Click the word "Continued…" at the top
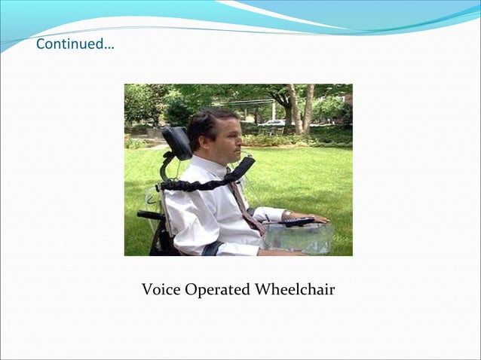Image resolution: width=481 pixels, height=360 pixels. tap(75, 44)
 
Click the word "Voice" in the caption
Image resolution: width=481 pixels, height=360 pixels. tap(161, 290)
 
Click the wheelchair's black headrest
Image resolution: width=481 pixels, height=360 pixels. tap(177, 142)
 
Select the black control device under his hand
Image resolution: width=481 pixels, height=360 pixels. tap(297, 222)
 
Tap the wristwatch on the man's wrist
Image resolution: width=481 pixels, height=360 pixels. tap(287, 216)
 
